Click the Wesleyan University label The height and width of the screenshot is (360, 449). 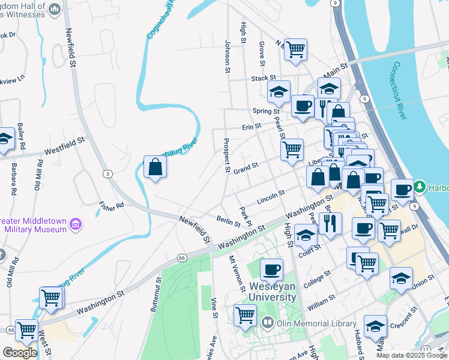[270, 292]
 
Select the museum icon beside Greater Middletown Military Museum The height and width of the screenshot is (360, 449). [76, 225]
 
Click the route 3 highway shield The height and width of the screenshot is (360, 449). [107, 173]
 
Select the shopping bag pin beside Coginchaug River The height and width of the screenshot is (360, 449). [155, 168]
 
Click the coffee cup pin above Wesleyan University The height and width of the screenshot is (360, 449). [271, 270]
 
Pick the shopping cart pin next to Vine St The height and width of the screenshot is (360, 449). [246, 315]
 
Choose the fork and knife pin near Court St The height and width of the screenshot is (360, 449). [330, 223]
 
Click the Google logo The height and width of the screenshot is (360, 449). [19, 353]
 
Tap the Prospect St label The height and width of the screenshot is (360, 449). [227, 155]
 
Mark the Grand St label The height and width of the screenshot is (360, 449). [246, 166]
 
